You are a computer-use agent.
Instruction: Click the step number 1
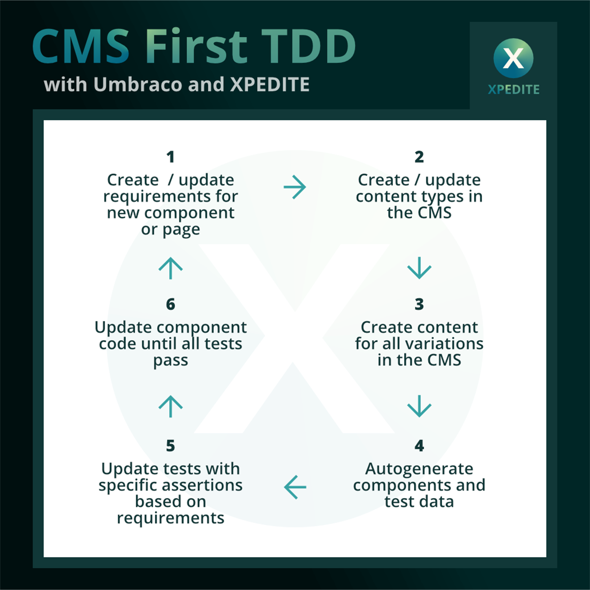tap(171, 157)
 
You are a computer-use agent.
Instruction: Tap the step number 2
tap(419, 157)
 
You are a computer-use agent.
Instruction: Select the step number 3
tap(419, 304)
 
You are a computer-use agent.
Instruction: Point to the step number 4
tap(419, 446)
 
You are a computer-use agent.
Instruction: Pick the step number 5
tap(171, 446)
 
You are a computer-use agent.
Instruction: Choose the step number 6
tap(171, 304)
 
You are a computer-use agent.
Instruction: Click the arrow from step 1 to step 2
tap(295, 187)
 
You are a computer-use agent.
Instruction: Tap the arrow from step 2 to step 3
tap(419, 267)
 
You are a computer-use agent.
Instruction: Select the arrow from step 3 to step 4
tap(419, 406)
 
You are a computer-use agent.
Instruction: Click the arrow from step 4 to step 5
tap(295, 487)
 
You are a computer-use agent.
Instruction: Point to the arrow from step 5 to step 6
tap(171, 406)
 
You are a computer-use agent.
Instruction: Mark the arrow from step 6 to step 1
tap(171, 268)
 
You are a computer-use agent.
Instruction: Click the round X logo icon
tap(513, 59)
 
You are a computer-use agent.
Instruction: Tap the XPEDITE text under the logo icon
tap(513, 89)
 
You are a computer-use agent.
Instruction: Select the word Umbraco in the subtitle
tap(138, 85)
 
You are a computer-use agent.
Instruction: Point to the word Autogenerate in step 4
tap(419, 469)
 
